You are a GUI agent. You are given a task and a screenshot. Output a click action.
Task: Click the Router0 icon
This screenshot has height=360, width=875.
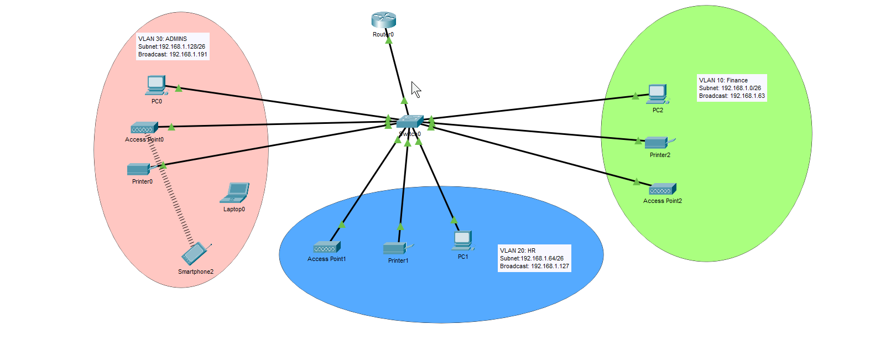click(x=383, y=20)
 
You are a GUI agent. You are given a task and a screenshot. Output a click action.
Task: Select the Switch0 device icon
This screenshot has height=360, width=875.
click(x=410, y=122)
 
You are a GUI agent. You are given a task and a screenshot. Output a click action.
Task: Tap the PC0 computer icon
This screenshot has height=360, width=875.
click(x=156, y=85)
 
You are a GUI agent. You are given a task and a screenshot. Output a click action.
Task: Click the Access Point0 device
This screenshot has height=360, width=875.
click(x=144, y=128)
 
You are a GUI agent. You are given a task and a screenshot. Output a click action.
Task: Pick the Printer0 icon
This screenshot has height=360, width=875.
click(x=139, y=169)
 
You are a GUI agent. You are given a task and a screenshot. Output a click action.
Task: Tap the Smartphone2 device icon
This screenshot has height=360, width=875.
click(x=195, y=254)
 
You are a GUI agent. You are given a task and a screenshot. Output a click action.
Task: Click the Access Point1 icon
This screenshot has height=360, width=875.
click(x=327, y=247)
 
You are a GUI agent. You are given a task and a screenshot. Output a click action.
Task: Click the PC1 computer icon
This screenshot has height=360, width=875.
click(x=462, y=241)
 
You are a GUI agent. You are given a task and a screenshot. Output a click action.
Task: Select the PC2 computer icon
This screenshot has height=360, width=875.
click(x=657, y=94)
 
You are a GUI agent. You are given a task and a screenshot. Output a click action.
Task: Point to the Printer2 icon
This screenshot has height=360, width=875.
click(x=658, y=142)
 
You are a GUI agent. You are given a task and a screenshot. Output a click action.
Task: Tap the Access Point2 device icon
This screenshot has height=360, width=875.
click(x=662, y=189)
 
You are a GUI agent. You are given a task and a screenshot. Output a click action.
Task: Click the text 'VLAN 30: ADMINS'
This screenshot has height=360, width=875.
click(x=163, y=39)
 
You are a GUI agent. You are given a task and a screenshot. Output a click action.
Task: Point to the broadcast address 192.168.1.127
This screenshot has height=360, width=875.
click(x=550, y=266)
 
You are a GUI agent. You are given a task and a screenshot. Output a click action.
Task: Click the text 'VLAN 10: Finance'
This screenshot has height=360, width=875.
click(x=723, y=80)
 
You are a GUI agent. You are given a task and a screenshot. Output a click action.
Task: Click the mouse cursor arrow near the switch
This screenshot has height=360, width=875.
click(x=416, y=89)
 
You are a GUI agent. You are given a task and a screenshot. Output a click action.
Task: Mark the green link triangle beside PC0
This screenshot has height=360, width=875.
click(x=179, y=88)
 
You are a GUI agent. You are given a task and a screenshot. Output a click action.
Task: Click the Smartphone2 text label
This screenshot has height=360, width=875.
click(x=196, y=272)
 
